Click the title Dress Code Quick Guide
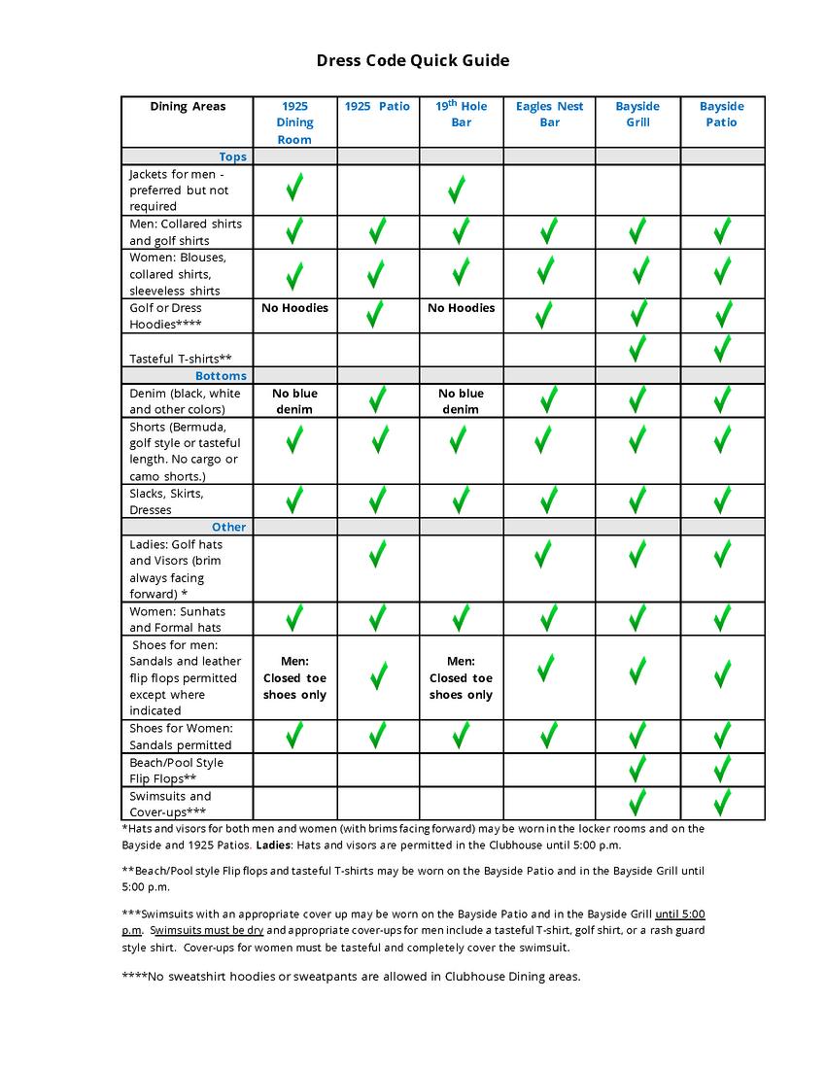(413, 61)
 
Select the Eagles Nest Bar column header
(549, 114)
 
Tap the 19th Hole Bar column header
(462, 114)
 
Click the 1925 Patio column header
(377, 106)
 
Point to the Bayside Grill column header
(637, 114)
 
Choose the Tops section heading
(232, 156)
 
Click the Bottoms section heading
(221, 376)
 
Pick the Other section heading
(229, 527)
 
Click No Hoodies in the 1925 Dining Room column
(294, 308)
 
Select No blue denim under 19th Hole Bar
(461, 401)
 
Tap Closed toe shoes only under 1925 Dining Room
(294, 678)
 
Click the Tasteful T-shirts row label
(180, 359)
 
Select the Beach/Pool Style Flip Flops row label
(176, 770)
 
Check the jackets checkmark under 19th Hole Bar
(456, 190)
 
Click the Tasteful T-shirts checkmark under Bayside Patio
(722, 349)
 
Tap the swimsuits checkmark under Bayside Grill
(637, 804)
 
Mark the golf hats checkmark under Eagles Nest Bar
(544, 554)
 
